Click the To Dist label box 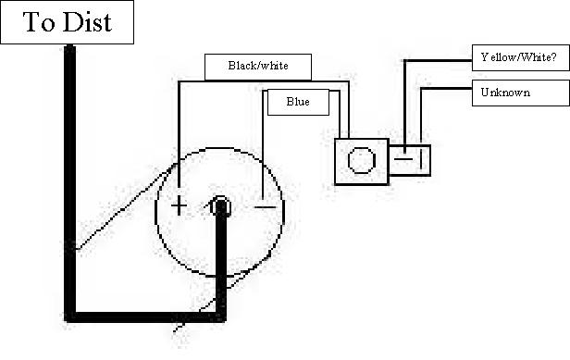(67, 22)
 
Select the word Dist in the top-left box (88, 22)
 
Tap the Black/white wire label (258, 67)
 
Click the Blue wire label (298, 102)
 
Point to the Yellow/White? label (521, 57)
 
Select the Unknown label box (521, 93)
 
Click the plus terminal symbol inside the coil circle (179, 206)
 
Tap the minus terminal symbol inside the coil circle (265, 207)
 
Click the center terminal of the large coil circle (220, 206)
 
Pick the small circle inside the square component (362, 160)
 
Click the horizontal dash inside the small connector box (403, 159)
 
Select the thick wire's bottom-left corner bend (69, 317)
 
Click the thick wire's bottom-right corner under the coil (220, 317)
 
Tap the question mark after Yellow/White (553, 56)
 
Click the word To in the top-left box (39, 22)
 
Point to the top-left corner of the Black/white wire (179, 81)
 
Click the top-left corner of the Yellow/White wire (405, 61)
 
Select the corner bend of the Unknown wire (422, 89)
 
